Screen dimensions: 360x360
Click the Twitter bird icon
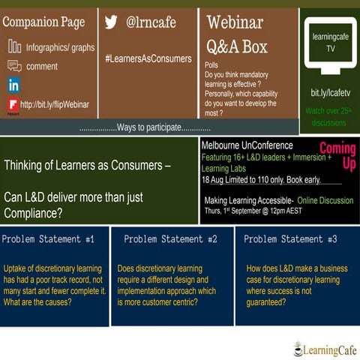tap(111, 22)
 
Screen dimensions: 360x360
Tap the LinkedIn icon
tap(13, 85)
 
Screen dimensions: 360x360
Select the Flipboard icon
tap(13, 105)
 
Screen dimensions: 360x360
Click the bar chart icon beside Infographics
tap(14, 46)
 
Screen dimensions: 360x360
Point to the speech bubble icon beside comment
tap(14, 66)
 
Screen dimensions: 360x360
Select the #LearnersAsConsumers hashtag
tap(148, 58)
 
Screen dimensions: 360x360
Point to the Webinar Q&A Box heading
tap(236, 34)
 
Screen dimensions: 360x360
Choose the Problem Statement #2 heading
tap(170, 239)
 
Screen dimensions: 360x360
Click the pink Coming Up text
tap(337, 155)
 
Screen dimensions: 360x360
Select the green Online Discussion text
tap(325, 201)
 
